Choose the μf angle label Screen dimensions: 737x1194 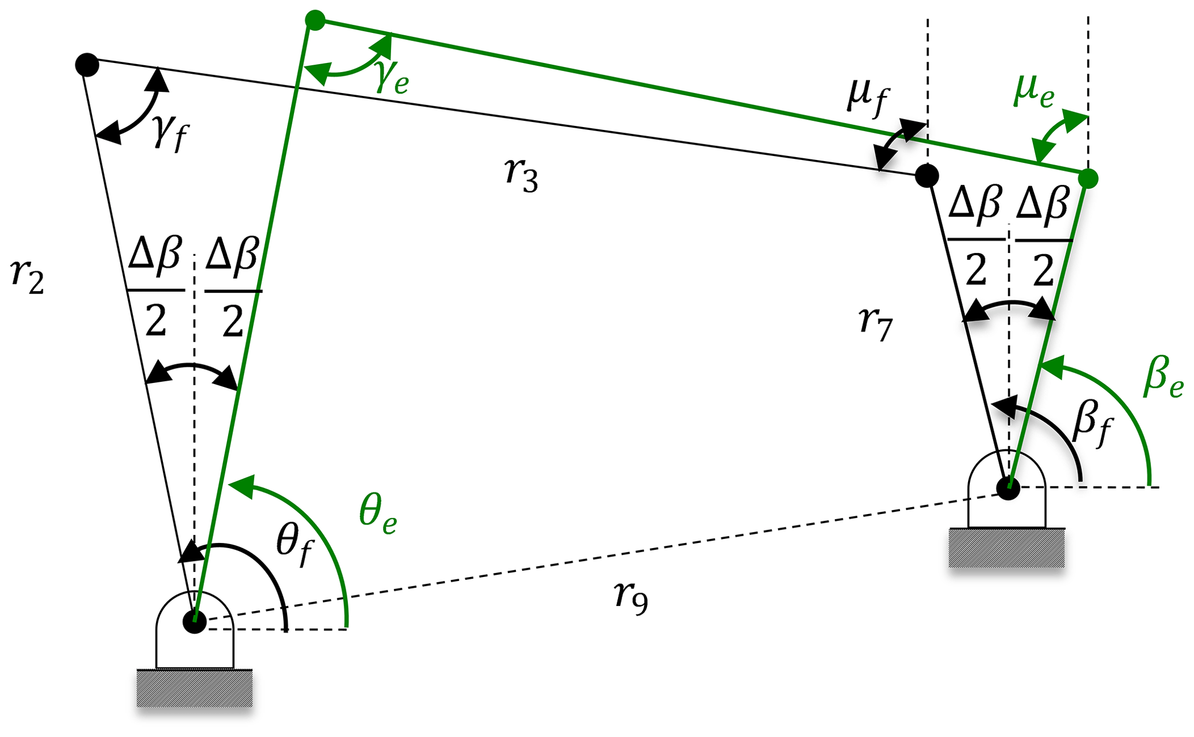click(868, 99)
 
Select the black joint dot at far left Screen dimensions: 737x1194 click(87, 64)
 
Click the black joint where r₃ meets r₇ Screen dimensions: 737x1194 click(927, 175)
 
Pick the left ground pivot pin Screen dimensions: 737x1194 click(195, 622)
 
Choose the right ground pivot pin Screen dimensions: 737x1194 click(1009, 489)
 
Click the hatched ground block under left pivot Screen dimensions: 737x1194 click(195, 687)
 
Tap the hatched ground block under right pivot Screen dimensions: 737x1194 click(1007, 548)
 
